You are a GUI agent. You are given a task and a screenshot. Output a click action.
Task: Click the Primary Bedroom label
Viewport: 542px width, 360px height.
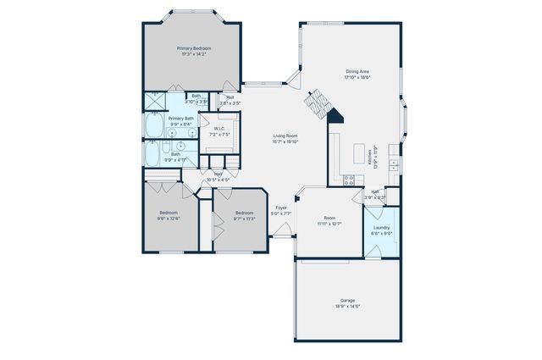(194, 48)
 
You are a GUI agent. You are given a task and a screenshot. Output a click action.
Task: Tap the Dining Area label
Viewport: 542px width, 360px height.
(357, 71)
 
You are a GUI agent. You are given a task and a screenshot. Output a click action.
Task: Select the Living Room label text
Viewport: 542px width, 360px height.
(285, 136)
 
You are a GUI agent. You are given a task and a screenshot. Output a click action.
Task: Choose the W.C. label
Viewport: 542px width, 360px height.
(219, 129)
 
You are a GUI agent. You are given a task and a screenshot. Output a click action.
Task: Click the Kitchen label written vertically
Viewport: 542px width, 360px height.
(370, 155)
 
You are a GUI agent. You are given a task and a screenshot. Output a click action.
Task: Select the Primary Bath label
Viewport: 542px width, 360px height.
(180, 119)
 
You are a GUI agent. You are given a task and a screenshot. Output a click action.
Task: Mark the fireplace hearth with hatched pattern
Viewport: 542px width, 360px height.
(316, 104)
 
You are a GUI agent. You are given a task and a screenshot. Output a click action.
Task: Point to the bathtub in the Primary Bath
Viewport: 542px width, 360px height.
(154, 126)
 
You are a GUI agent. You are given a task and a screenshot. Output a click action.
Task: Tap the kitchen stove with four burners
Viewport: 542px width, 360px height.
(347, 179)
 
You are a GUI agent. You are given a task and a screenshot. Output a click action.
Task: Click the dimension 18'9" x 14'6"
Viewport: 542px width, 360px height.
(347, 306)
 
